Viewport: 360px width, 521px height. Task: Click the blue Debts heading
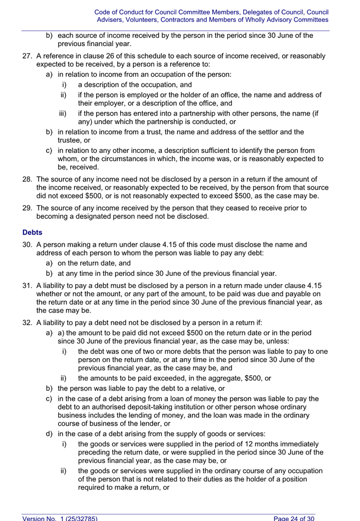(x=32, y=233)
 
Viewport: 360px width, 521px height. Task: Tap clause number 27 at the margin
(x=27, y=56)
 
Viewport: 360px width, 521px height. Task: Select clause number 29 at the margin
(x=27, y=208)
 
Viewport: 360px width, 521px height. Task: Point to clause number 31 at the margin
(x=27, y=285)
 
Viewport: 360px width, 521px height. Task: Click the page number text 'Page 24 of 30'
(x=294, y=518)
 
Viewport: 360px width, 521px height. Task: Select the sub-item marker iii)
(x=64, y=114)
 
